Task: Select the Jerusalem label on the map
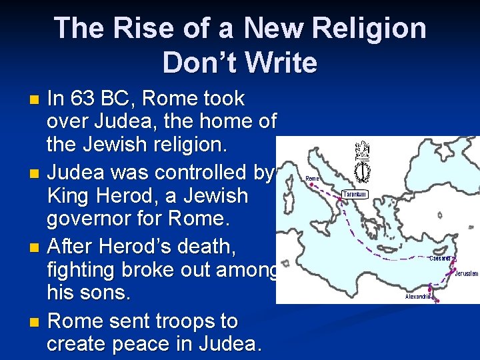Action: [x=467, y=273]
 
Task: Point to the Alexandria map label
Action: [x=419, y=296]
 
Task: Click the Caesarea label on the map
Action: [x=440, y=259]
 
